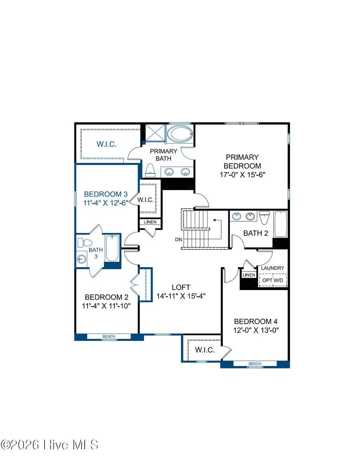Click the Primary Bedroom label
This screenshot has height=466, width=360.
(242, 161)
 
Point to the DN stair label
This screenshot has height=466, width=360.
(179, 240)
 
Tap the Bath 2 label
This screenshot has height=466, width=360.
(256, 233)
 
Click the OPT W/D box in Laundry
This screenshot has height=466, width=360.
(272, 280)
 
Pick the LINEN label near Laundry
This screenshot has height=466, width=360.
(248, 275)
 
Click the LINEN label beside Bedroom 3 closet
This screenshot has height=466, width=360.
(150, 222)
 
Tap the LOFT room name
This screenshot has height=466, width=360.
(181, 287)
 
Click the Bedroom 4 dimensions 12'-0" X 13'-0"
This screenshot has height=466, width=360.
(256, 330)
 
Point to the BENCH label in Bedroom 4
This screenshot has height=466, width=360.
(255, 364)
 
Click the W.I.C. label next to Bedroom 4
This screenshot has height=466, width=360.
(205, 350)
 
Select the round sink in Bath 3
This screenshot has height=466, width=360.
(82, 260)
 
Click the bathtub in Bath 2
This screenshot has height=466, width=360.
(281, 225)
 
